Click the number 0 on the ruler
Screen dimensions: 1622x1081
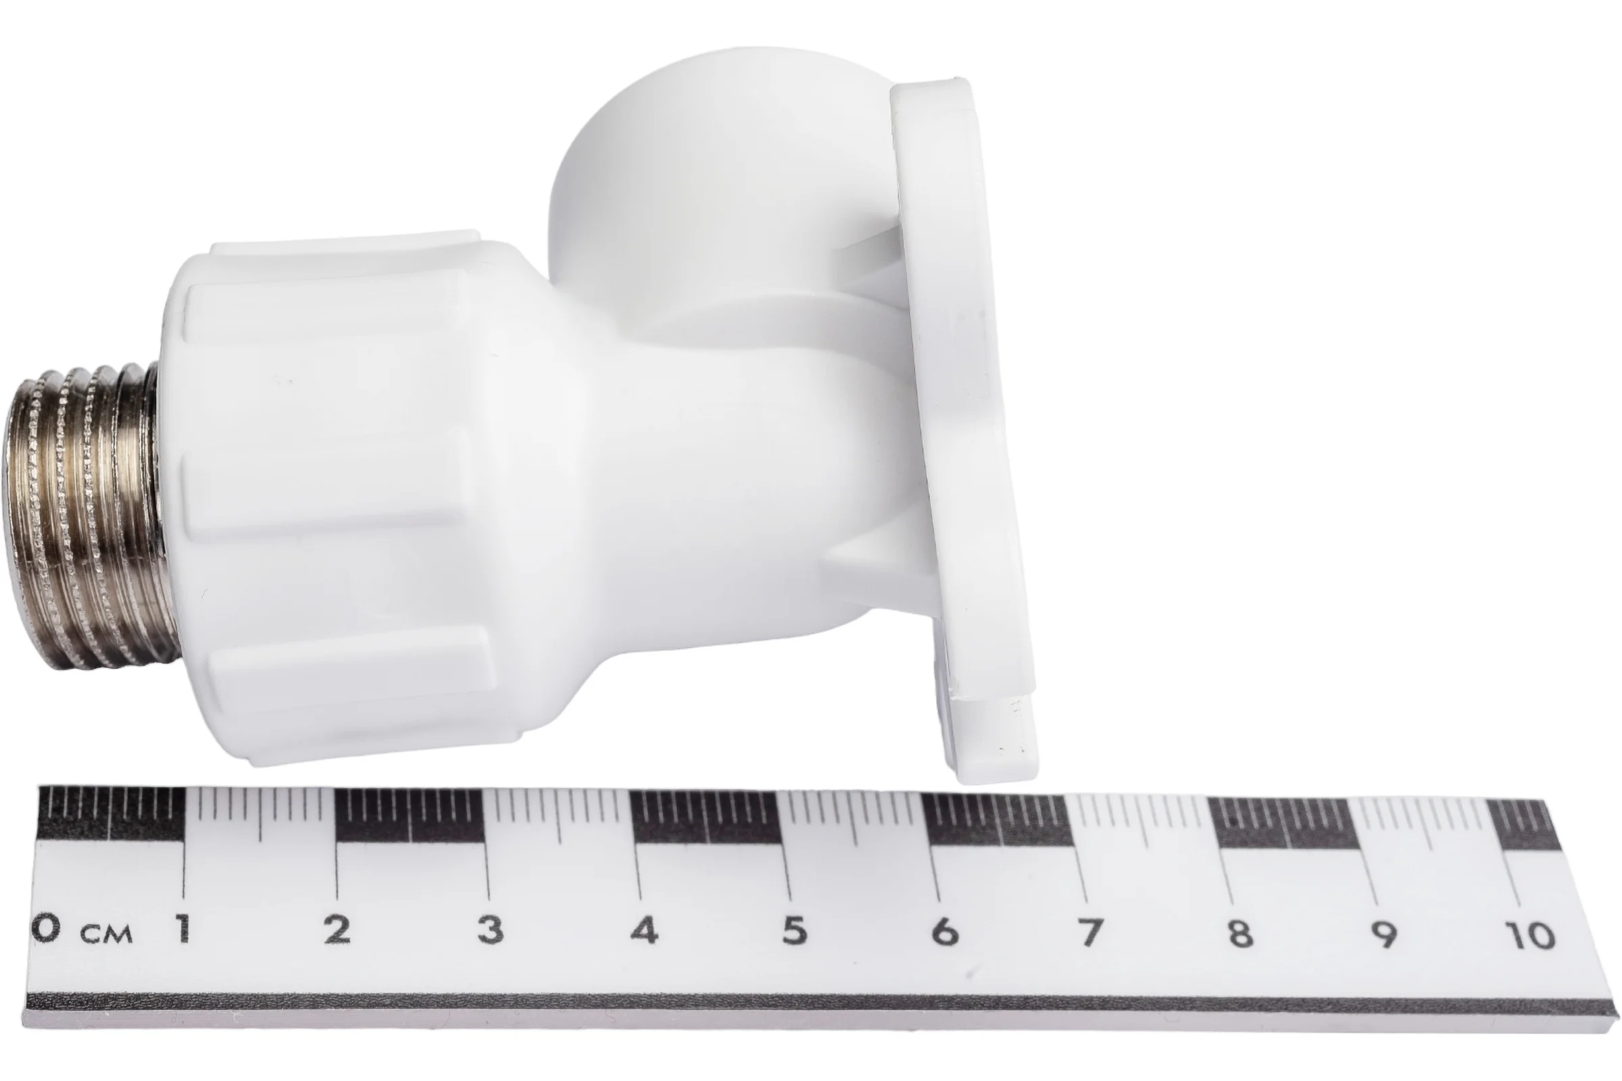point(46,928)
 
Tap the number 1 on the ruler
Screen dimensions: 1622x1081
point(182,928)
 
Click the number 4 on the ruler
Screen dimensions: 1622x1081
point(644,930)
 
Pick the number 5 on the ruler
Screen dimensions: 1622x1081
point(795,931)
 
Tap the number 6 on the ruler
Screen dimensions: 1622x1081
point(945,932)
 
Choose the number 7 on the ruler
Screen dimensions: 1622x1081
point(1090,932)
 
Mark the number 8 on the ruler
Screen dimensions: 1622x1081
point(1239,933)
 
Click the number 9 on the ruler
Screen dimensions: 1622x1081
point(1384,934)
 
